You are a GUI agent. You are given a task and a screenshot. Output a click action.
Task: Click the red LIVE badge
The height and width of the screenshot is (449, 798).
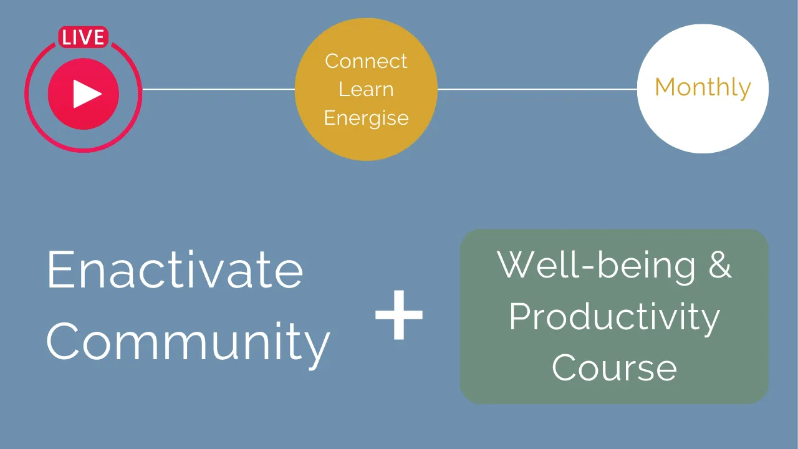coord(84,37)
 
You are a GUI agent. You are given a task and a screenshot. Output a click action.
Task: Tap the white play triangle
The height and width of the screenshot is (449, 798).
coord(87,94)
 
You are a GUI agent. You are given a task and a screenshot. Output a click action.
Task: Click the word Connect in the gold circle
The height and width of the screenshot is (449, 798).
coord(366,61)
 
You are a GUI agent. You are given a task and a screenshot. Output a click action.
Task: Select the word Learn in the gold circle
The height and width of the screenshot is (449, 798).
coord(366,89)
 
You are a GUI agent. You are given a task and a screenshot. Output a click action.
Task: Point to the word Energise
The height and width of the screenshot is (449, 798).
coord(366,118)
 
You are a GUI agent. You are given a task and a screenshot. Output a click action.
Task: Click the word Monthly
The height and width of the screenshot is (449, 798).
coord(703,88)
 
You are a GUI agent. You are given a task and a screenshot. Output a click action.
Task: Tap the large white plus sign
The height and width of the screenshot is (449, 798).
coord(399,315)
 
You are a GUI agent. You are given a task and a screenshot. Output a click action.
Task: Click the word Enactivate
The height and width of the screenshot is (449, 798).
coord(175,269)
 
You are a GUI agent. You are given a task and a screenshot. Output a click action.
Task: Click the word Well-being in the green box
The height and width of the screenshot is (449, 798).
coord(596,266)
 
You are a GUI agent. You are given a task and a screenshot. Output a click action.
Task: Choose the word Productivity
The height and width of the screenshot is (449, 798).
coord(615,318)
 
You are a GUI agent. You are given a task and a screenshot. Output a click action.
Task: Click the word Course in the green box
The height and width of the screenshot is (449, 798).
coord(615,367)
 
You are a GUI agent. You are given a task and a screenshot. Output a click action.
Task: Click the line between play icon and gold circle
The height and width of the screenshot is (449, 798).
coord(218,89)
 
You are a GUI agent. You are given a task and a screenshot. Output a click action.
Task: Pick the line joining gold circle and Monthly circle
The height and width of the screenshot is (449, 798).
coord(537,89)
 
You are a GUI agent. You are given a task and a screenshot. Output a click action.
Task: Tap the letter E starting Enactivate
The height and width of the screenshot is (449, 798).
coord(60,269)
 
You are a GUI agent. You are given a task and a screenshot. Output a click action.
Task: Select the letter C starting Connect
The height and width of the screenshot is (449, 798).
coord(333,61)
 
